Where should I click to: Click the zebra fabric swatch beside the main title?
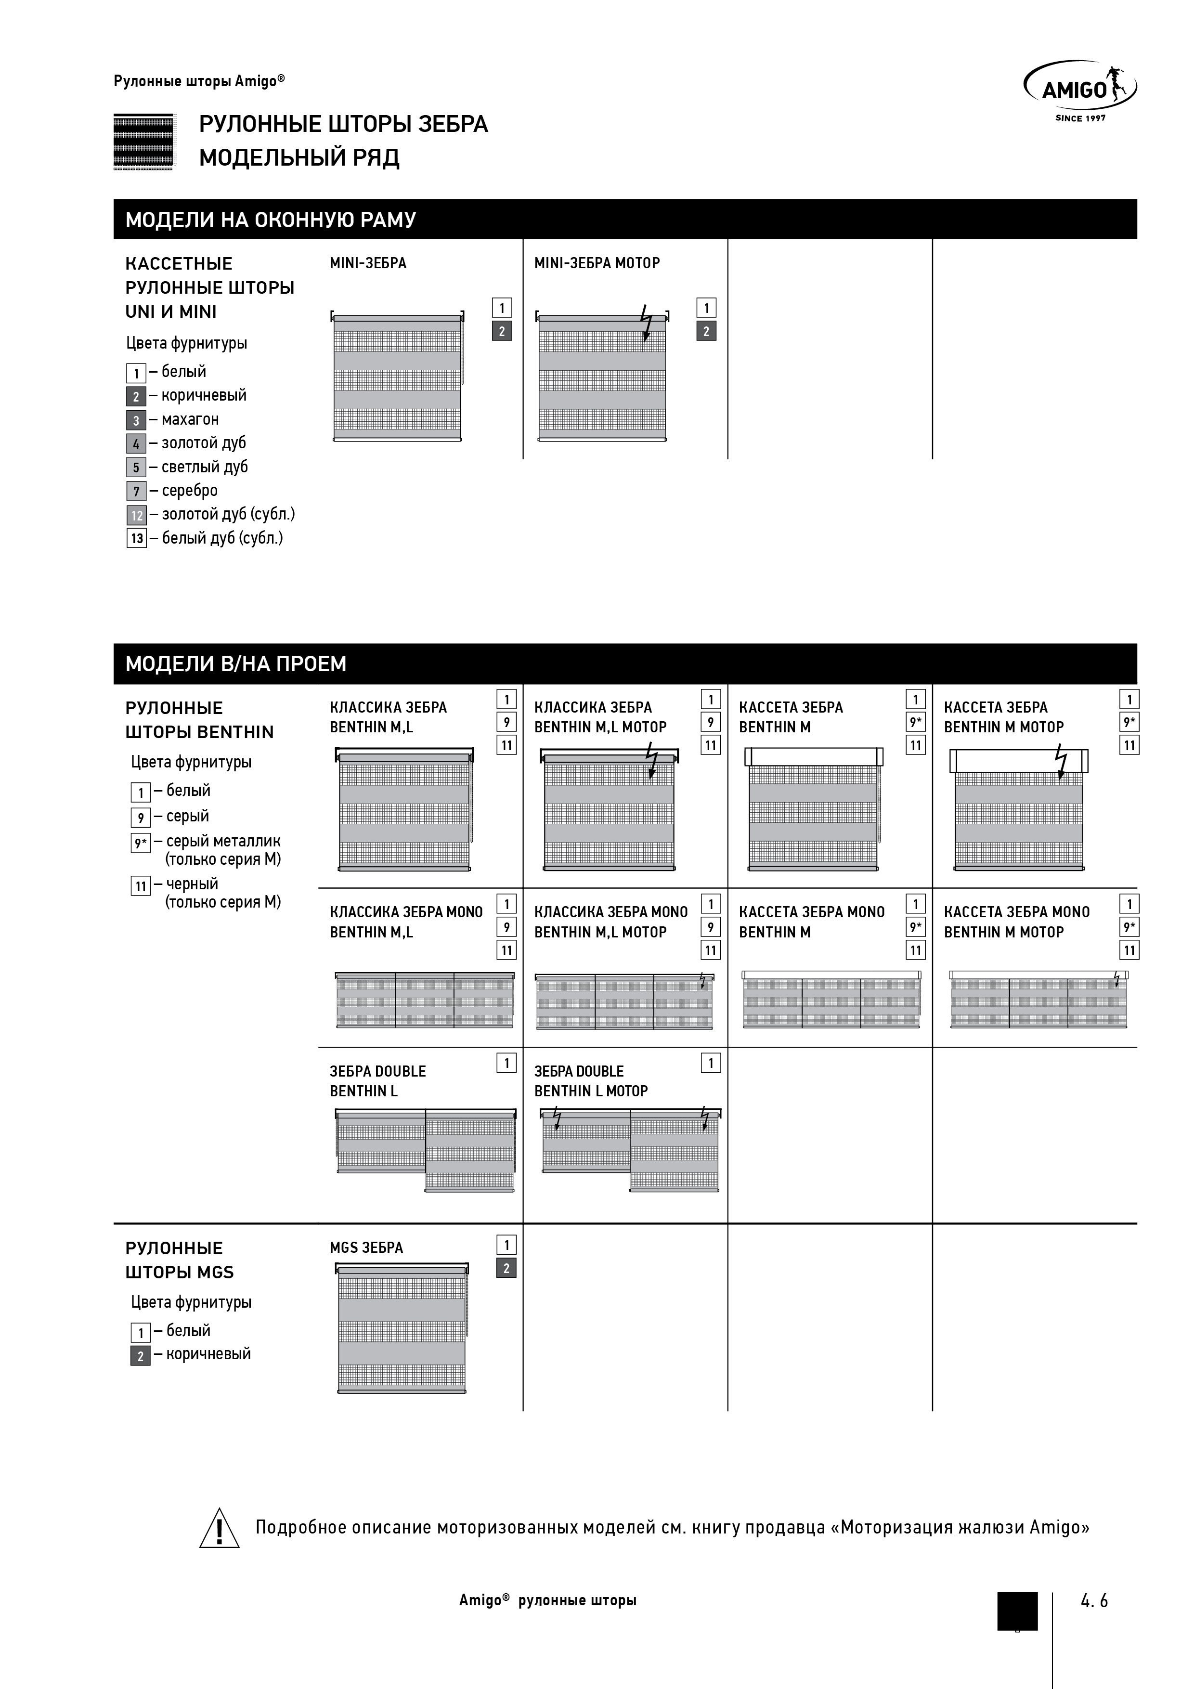[143, 141]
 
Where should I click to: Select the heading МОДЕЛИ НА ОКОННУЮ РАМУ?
[270, 219]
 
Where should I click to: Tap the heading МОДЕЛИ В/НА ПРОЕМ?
[235, 663]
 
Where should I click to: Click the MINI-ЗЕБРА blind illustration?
[397, 378]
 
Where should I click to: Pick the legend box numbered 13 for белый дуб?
[136, 538]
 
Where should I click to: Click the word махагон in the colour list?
[190, 419]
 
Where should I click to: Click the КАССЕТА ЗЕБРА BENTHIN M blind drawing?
[813, 809]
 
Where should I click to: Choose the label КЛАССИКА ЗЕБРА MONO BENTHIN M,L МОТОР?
[610, 922]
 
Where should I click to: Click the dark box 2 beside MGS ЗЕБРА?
[506, 1268]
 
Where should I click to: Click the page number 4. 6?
[1094, 1601]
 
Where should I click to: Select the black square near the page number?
[1017, 1611]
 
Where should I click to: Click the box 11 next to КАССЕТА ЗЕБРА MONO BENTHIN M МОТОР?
[1129, 950]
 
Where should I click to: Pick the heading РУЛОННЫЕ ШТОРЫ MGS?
[180, 1260]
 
